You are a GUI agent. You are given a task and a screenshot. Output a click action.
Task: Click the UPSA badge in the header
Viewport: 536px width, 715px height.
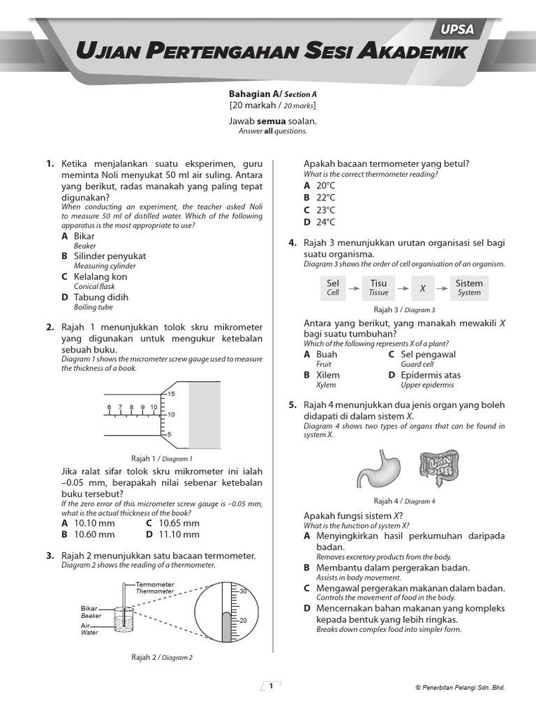(457, 29)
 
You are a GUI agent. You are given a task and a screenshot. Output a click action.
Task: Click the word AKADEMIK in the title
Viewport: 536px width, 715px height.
(409, 53)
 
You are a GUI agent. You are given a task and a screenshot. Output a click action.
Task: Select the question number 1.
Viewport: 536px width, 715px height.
(50, 164)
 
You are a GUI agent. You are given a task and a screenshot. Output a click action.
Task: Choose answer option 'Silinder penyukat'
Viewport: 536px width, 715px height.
(110, 256)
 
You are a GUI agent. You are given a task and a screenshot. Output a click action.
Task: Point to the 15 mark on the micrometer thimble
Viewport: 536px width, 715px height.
(172, 395)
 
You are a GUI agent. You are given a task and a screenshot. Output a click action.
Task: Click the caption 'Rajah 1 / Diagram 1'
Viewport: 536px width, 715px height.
(162, 459)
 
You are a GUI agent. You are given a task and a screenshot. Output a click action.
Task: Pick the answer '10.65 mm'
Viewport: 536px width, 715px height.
(179, 523)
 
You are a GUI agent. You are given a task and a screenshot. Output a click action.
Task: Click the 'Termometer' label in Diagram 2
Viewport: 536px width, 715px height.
(154, 584)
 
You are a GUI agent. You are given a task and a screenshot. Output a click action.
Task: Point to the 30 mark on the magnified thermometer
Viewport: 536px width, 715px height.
(244, 591)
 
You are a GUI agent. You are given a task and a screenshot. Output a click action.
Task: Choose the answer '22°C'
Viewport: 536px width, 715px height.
(325, 198)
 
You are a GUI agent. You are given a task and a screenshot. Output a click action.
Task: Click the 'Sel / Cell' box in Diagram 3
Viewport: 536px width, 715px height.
(333, 287)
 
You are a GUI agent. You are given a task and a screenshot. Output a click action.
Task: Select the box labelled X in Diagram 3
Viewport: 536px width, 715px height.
(422, 287)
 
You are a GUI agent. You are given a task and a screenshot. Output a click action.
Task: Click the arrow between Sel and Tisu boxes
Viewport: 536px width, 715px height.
(355, 287)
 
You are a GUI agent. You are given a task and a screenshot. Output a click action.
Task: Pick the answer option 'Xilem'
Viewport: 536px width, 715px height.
(327, 375)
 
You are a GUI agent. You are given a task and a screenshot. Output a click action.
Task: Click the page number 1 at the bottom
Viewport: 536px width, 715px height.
(270, 686)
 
